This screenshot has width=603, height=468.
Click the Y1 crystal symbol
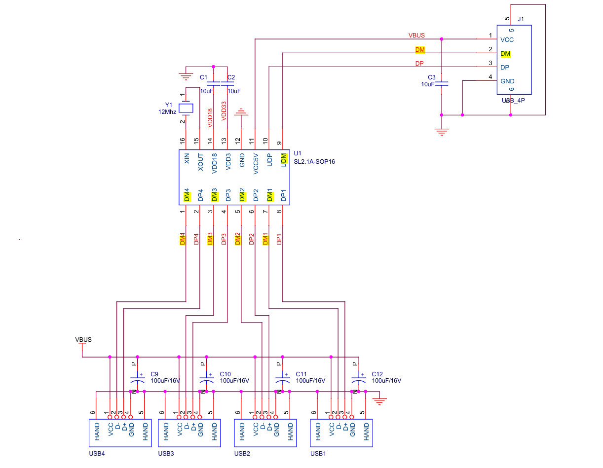coord(186,108)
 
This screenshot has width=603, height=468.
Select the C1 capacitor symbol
coord(213,83)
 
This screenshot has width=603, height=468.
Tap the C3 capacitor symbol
coord(441,83)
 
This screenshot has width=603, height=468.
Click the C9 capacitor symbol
coord(137,378)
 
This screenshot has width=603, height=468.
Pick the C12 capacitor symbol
coord(359,378)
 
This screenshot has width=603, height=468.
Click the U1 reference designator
coord(297,153)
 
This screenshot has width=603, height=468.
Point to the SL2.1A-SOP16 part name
coord(314,162)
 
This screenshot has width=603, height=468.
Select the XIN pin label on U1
coord(187,158)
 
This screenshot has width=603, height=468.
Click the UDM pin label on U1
coord(283,161)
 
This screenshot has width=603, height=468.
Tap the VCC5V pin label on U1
coord(256,164)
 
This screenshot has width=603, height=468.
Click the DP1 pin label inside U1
coord(283,195)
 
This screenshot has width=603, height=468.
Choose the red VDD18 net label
coord(210,118)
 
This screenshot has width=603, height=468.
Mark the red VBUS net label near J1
coord(416,36)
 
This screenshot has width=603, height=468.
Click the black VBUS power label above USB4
coord(83,340)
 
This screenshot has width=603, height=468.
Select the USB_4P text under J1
coord(513,101)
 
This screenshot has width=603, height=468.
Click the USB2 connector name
coord(242,454)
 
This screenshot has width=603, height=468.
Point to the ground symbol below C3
coord(442,132)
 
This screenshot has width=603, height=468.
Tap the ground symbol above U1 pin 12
coord(241,112)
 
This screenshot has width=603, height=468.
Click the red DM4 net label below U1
coord(182,239)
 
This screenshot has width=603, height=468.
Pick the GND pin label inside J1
coord(507,81)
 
